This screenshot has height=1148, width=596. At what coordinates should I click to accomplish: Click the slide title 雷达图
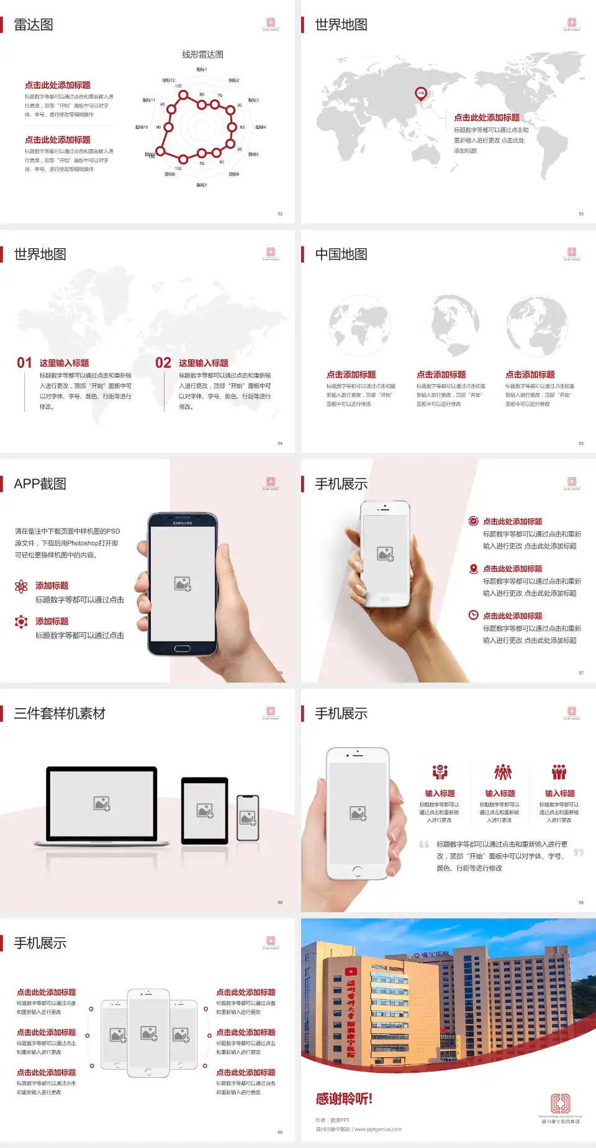tap(34, 25)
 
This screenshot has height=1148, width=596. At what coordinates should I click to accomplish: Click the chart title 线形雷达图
tap(202, 55)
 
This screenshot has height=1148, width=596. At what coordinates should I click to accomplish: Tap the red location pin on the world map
tap(420, 94)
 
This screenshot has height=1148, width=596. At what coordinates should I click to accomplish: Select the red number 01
tap(24, 363)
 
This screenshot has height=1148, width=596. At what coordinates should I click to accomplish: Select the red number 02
tap(163, 363)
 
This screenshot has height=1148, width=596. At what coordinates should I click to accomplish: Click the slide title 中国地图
tap(341, 254)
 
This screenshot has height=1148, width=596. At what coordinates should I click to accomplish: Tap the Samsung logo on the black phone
tap(183, 523)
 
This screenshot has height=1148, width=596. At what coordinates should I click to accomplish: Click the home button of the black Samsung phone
tap(182, 648)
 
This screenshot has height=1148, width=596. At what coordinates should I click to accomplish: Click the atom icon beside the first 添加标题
tap(21, 586)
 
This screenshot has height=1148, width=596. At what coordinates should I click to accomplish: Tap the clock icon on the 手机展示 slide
tap(473, 615)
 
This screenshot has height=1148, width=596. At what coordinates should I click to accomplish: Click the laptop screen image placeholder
tap(102, 804)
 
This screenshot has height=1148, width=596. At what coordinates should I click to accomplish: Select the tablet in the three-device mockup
tap(205, 810)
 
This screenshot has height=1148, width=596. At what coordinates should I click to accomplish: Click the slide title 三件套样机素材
tap(60, 714)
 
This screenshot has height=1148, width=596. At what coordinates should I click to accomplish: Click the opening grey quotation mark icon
tap(424, 845)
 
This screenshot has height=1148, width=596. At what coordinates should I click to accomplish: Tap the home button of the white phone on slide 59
tap(357, 871)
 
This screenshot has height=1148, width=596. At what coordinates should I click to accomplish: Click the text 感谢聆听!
tap(344, 1099)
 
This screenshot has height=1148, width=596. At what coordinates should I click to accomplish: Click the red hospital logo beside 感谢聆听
tap(560, 1103)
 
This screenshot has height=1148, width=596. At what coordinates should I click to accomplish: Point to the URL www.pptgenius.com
tap(377, 1129)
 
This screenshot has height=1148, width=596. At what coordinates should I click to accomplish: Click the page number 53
tap(581, 213)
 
